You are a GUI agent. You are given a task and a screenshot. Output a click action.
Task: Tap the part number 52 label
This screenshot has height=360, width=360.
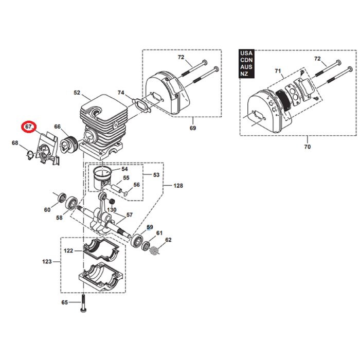[x=77, y=93]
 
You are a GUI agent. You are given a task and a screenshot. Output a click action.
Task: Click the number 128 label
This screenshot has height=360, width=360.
[x=178, y=186]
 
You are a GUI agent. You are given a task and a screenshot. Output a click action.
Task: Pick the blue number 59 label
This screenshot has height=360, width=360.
[x=150, y=227]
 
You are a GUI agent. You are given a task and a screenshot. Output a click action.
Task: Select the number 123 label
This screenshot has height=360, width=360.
[x=47, y=262]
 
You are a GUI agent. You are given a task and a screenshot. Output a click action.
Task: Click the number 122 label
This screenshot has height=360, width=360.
[x=68, y=250]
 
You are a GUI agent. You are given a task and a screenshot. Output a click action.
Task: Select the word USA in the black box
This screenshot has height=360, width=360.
[x=246, y=53]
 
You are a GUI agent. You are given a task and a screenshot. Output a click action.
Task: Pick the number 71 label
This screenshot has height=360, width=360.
[x=278, y=70]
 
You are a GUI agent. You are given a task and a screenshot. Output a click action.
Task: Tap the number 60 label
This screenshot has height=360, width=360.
[x=47, y=209]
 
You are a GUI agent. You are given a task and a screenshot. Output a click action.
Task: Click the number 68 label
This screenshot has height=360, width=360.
[x=15, y=143]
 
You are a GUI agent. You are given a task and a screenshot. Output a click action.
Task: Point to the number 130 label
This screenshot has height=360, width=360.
[x=112, y=209]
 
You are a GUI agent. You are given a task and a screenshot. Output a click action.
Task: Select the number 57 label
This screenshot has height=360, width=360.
[x=130, y=215]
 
